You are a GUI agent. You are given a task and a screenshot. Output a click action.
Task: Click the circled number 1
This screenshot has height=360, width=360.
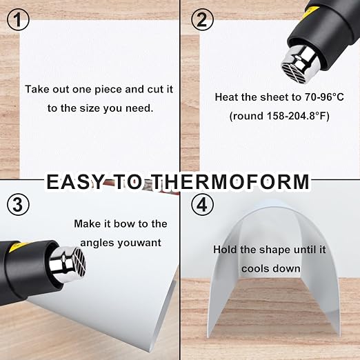tap(19, 19)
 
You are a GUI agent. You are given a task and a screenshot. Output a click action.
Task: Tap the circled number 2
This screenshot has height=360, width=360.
tap(202, 19)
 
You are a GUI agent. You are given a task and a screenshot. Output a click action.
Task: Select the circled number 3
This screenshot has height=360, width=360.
tap(19, 204)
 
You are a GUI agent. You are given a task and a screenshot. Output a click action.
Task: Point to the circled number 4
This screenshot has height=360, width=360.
tap(202, 204)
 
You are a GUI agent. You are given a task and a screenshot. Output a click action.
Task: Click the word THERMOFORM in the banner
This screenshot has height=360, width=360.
tap(231, 182)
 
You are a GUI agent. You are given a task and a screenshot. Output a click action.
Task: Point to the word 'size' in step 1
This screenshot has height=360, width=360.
tap(89, 108)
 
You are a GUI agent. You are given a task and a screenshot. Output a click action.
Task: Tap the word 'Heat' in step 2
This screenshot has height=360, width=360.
tap(226, 97)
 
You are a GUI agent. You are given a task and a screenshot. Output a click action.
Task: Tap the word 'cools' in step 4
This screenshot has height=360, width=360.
tap(254, 269)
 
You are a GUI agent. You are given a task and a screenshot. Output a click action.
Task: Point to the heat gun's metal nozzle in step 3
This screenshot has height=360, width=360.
tap(68, 262)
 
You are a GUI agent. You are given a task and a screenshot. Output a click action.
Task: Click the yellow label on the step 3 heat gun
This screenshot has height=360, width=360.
tap(15, 248)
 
